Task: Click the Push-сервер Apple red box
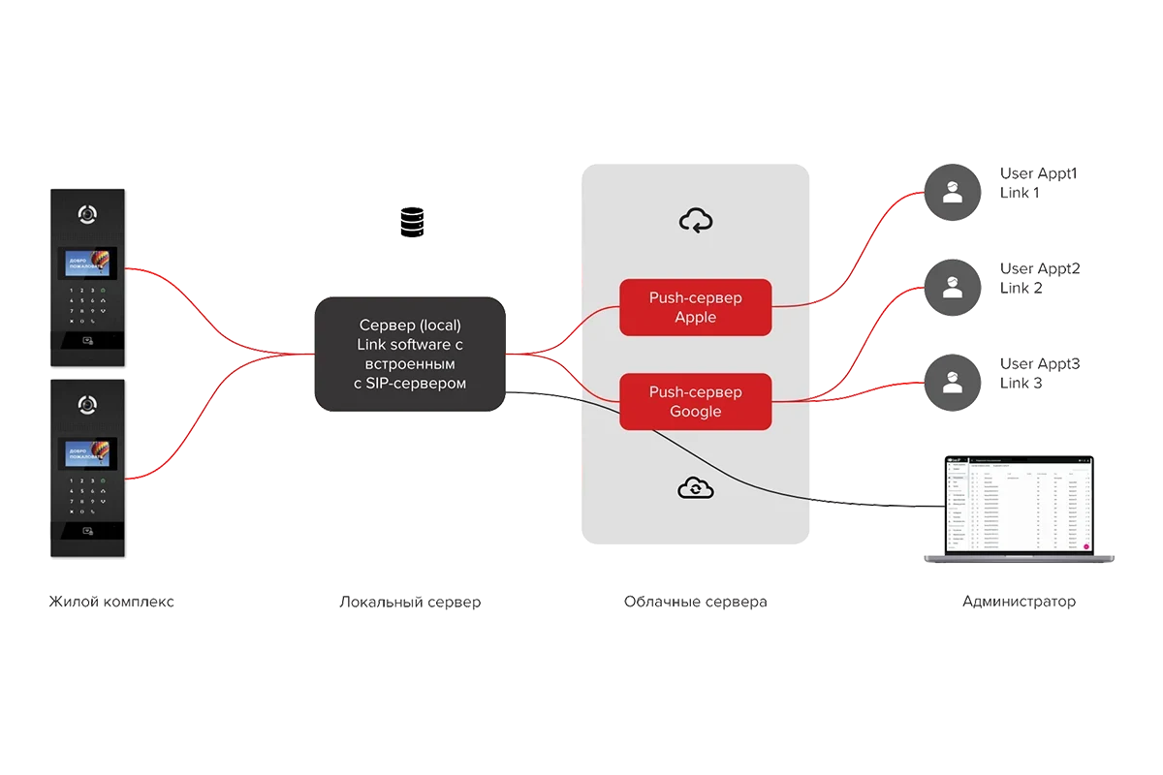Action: (x=695, y=307)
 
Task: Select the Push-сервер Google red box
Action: (x=695, y=402)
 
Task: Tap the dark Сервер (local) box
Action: (x=411, y=354)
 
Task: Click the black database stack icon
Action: (x=411, y=222)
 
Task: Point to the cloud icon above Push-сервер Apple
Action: (x=695, y=221)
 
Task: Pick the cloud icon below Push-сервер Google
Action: (x=695, y=488)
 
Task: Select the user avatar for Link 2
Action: (x=953, y=286)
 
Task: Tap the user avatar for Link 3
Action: (x=953, y=381)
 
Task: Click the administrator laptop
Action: (x=1018, y=509)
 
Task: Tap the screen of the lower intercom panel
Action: (x=88, y=456)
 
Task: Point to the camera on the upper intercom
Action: (x=88, y=213)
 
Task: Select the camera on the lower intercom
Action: (x=88, y=405)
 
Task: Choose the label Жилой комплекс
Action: (x=111, y=603)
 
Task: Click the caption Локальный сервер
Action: (x=408, y=603)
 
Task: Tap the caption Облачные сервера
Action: (x=694, y=603)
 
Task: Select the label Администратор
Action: (x=1019, y=603)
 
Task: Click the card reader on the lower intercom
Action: (x=88, y=530)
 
